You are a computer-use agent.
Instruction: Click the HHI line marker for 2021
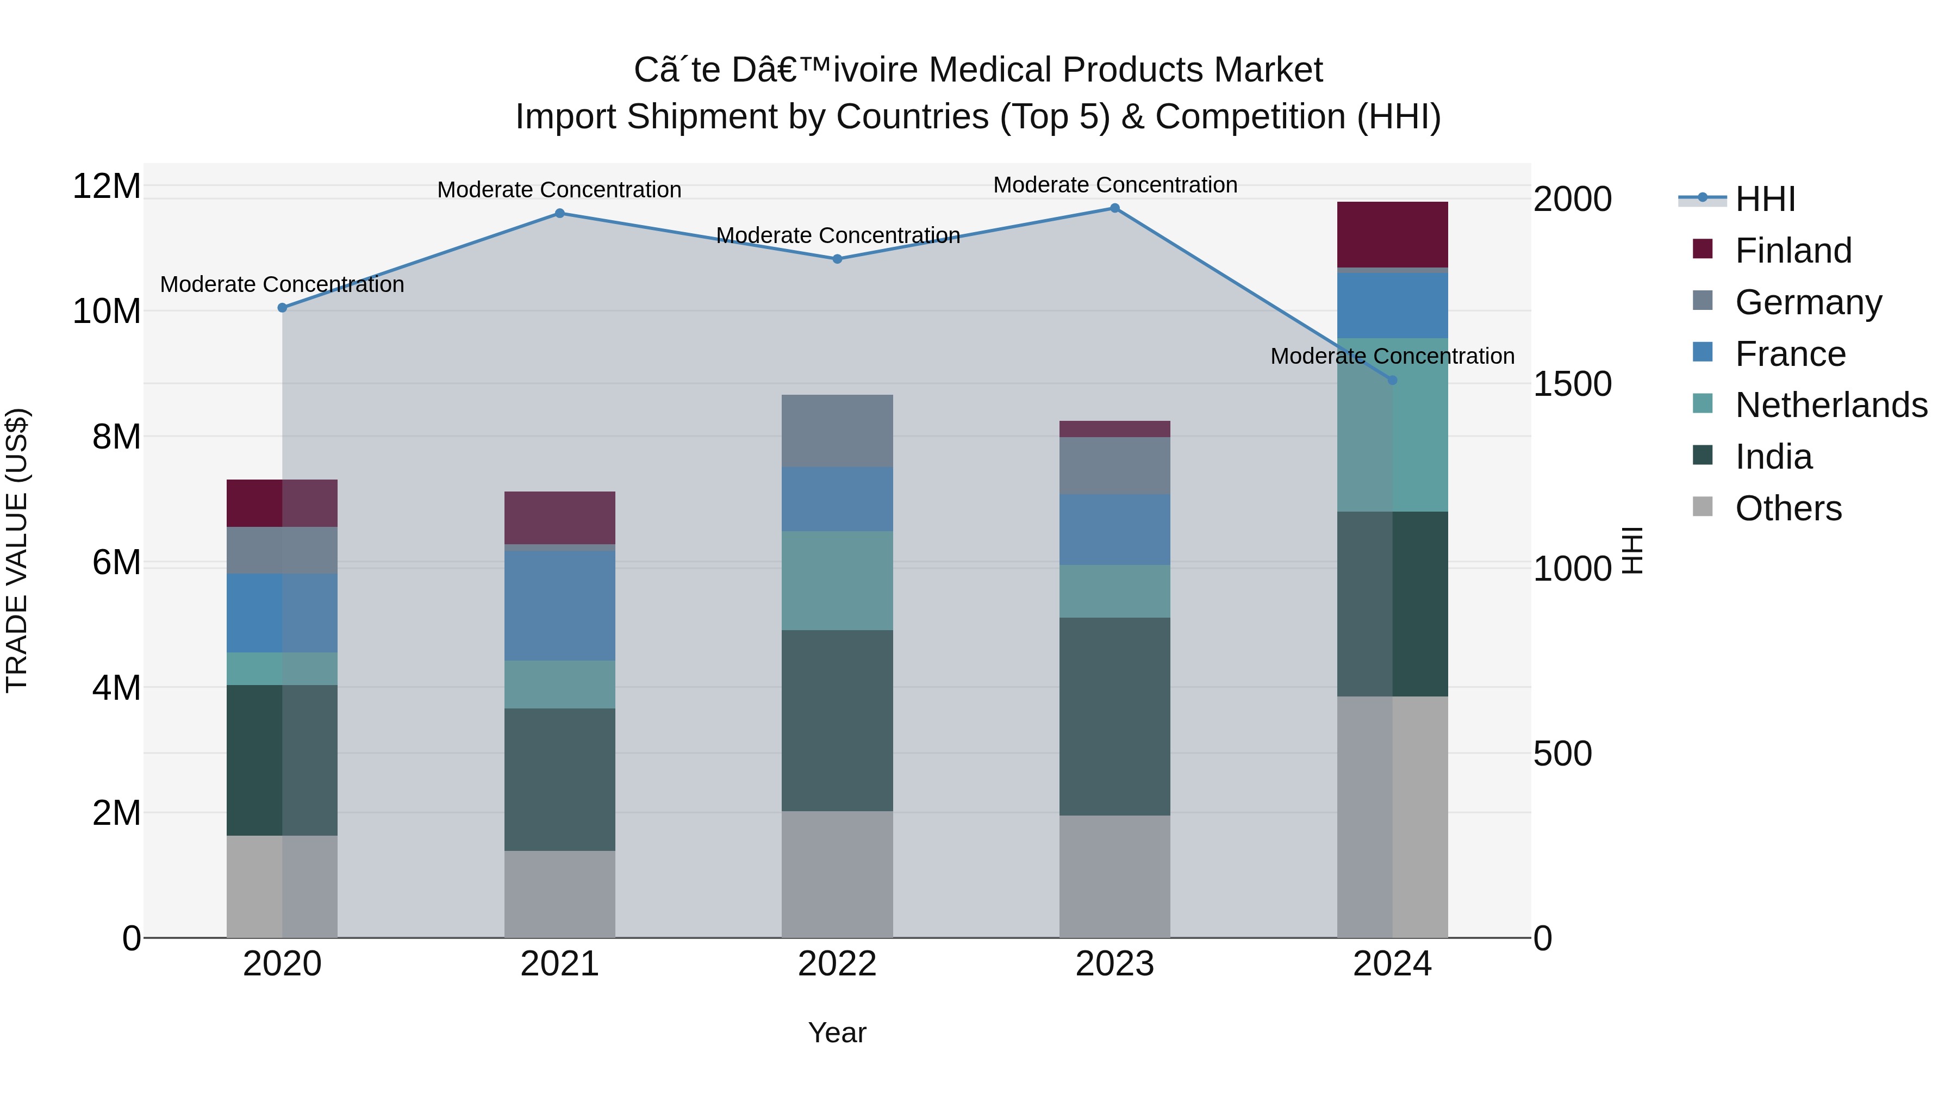coord(559,214)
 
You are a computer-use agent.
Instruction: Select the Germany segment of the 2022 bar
coord(837,430)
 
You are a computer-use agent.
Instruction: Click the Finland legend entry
coord(1793,251)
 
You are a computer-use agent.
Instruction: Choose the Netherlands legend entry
coord(1831,405)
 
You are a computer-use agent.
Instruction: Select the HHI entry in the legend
coord(1765,199)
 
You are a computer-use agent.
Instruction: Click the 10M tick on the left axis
coord(107,312)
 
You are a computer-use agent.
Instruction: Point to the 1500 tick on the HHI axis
coord(1572,384)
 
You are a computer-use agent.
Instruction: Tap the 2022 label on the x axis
coord(837,964)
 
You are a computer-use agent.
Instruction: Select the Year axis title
coord(837,1032)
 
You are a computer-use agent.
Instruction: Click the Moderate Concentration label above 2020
coord(282,284)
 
